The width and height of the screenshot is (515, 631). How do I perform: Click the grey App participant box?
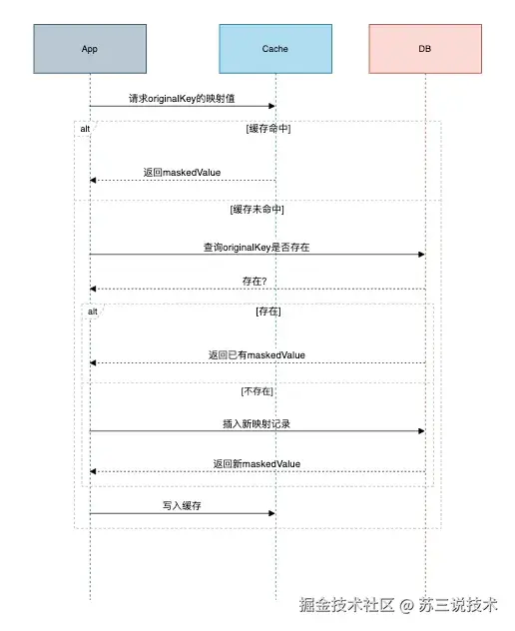[89, 49]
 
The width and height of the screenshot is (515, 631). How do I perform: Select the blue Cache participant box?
[274, 49]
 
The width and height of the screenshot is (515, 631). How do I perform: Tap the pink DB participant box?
[425, 49]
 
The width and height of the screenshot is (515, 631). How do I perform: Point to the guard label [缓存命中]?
[268, 129]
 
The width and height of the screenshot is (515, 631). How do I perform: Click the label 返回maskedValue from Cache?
[182, 172]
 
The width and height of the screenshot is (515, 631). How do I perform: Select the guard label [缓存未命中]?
[257, 210]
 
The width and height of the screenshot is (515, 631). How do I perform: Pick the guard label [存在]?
[268, 312]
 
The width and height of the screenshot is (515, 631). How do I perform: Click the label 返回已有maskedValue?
[257, 354]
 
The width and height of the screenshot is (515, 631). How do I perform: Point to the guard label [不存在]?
[257, 390]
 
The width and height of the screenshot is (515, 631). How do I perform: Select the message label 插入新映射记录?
[256, 423]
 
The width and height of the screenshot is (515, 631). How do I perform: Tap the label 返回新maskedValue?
[257, 463]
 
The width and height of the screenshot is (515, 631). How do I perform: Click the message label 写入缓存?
[182, 506]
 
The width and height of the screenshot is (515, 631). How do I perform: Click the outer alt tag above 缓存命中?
[86, 129]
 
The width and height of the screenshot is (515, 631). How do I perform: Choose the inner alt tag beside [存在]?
[93, 312]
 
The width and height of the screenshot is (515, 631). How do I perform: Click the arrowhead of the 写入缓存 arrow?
[271, 513]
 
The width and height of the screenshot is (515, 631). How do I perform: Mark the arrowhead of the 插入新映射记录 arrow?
[421, 431]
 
